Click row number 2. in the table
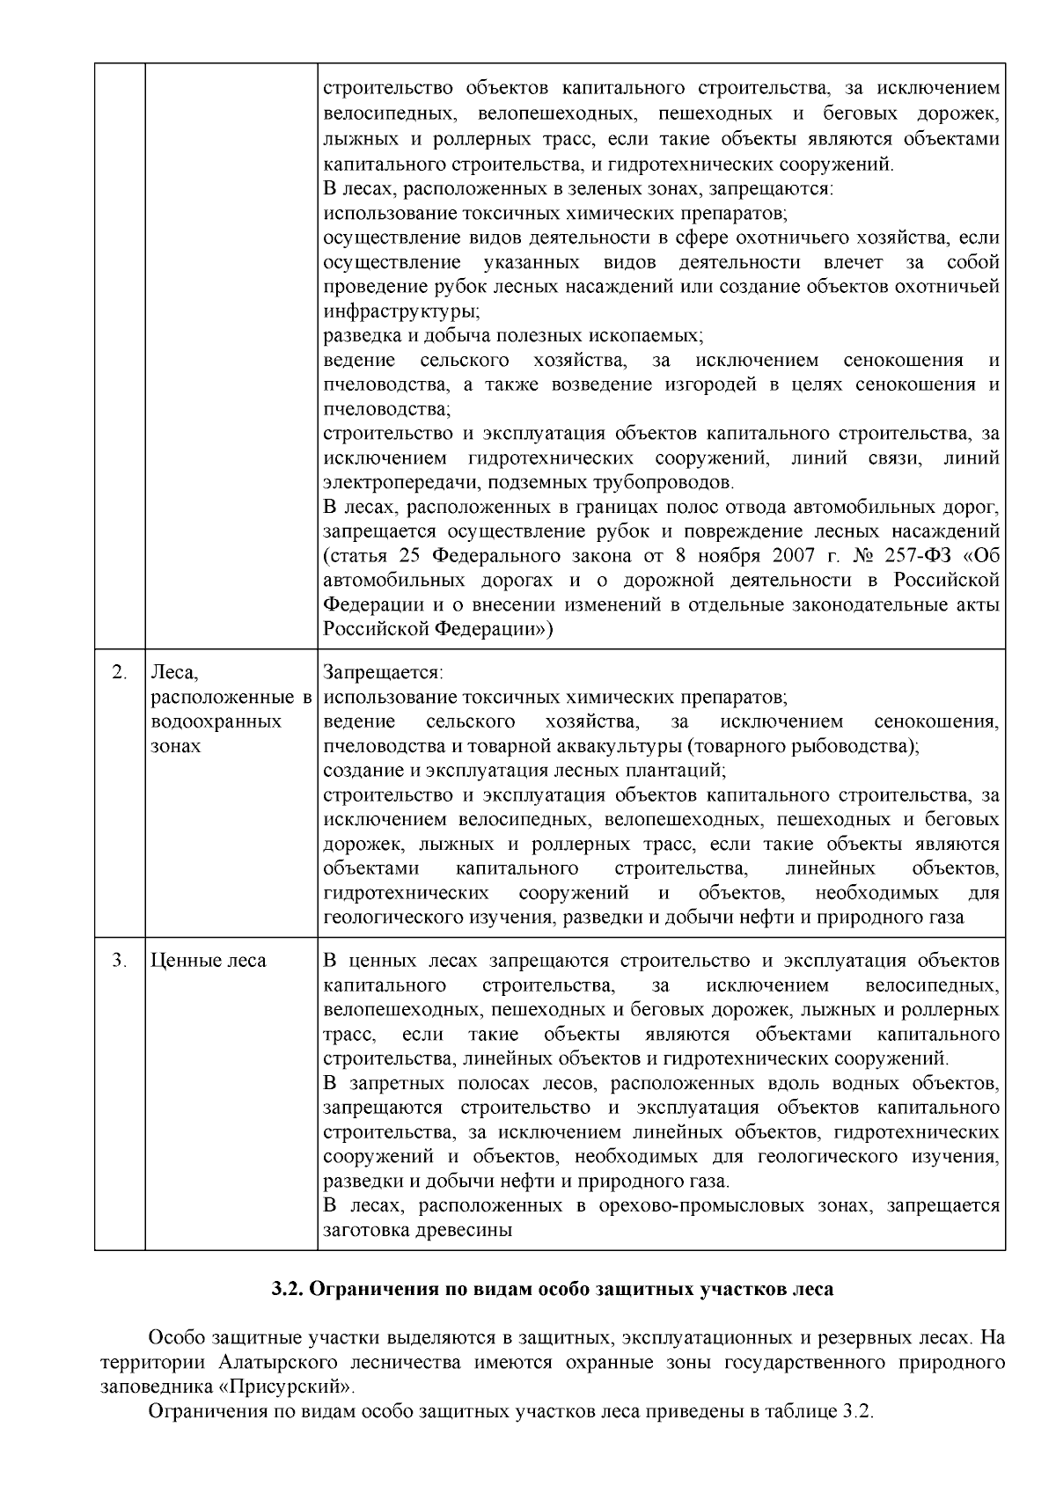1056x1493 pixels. pyautogui.click(x=120, y=673)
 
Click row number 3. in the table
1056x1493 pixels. pyautogui.click(x=120, y=961)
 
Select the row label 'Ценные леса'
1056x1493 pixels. pyautogui.click(x=209, y=961)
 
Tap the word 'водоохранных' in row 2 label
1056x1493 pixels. pyautogui.click(x=216, y=722)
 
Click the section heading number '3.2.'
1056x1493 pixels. pyautogui.click(x=287, y=1291)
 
